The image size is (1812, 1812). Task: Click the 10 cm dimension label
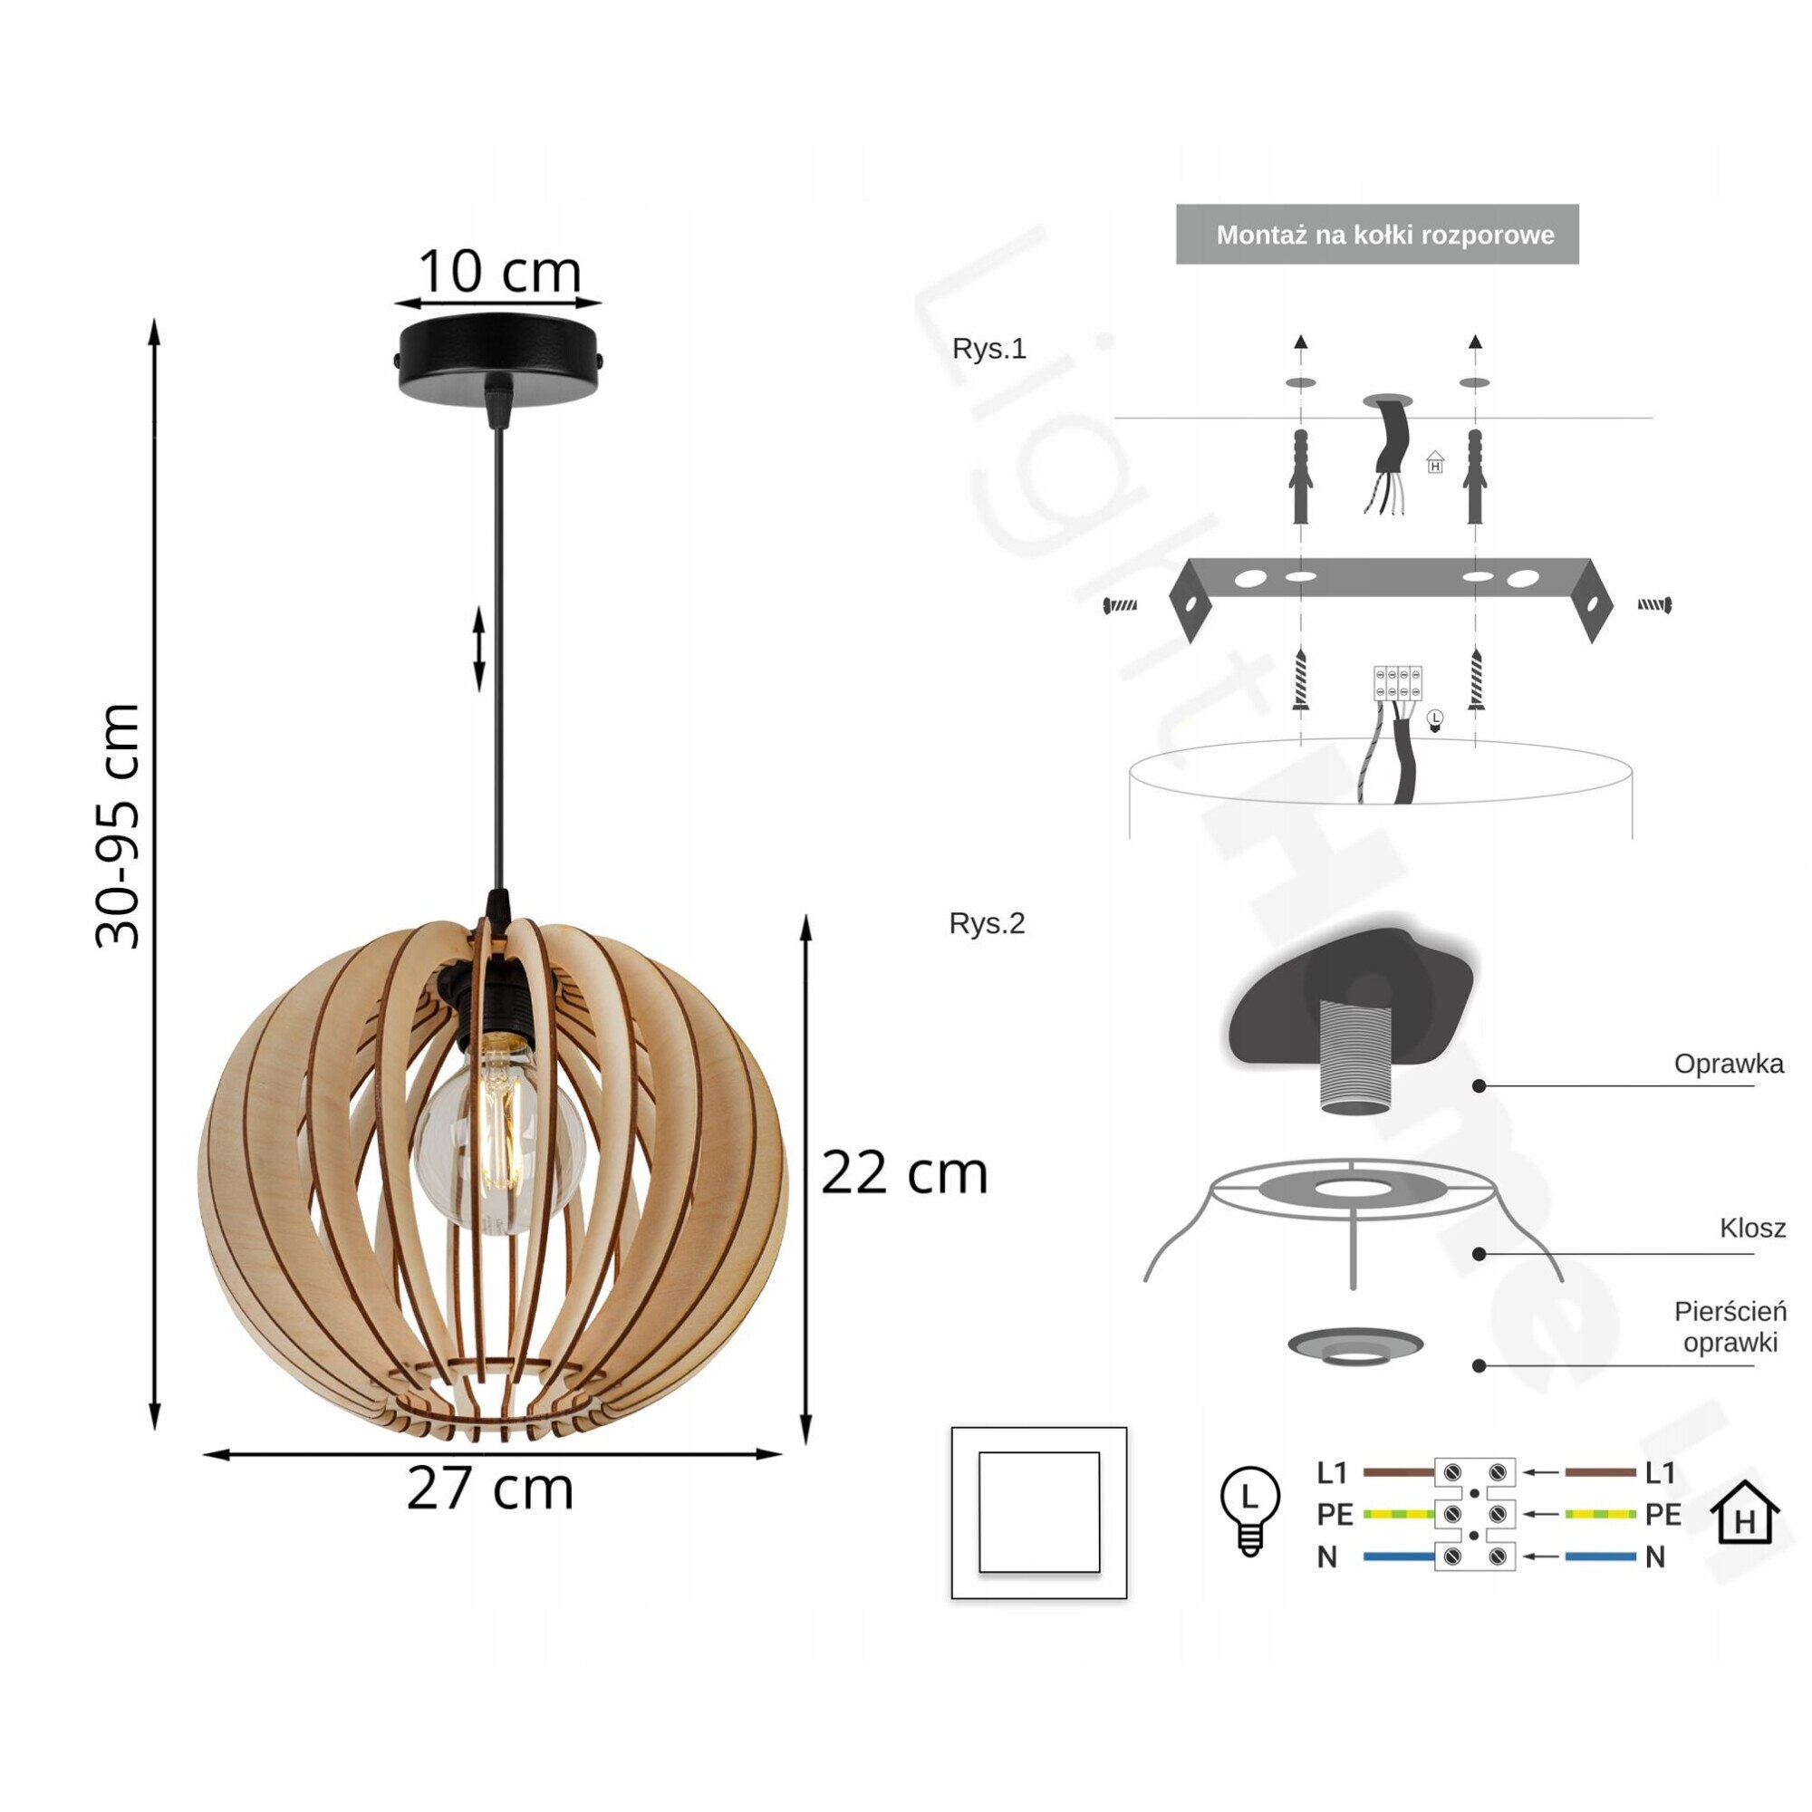[499, 271]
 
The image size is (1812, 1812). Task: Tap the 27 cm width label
[489, 1489]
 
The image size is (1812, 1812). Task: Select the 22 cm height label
[905, 1173]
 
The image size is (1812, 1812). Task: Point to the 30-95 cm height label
[119, 825]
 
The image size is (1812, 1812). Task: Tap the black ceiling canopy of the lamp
[500, 354]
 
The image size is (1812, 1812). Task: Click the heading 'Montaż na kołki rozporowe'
[1385, 235]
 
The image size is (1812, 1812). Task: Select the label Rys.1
[988, 349]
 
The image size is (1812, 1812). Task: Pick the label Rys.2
[987, 924]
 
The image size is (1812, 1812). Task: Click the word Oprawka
[1729, 1064]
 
